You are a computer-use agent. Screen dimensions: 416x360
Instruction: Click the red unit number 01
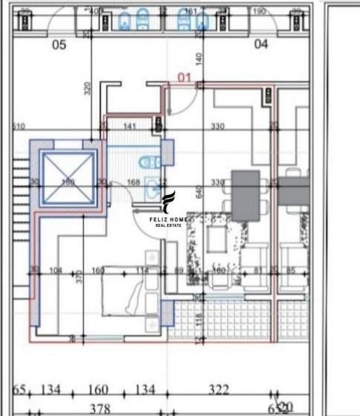pos(185,77)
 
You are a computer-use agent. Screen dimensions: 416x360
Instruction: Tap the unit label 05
pos(59,45)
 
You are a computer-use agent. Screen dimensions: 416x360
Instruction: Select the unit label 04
pos(261,44)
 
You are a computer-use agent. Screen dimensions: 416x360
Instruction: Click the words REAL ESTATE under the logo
pos(168,225)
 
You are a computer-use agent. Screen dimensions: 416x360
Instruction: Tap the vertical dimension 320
pos(88,88)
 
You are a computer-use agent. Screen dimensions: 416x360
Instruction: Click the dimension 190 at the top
pos(259,11)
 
